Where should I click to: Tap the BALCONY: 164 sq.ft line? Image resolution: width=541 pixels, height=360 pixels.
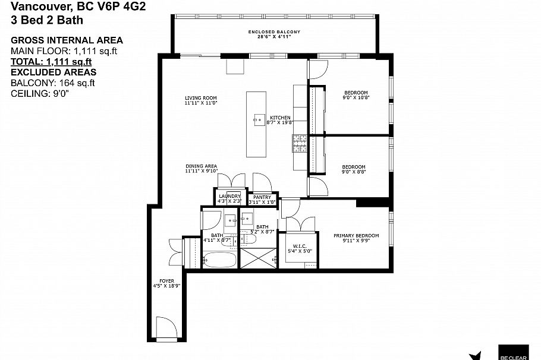[x=53, y=83]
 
